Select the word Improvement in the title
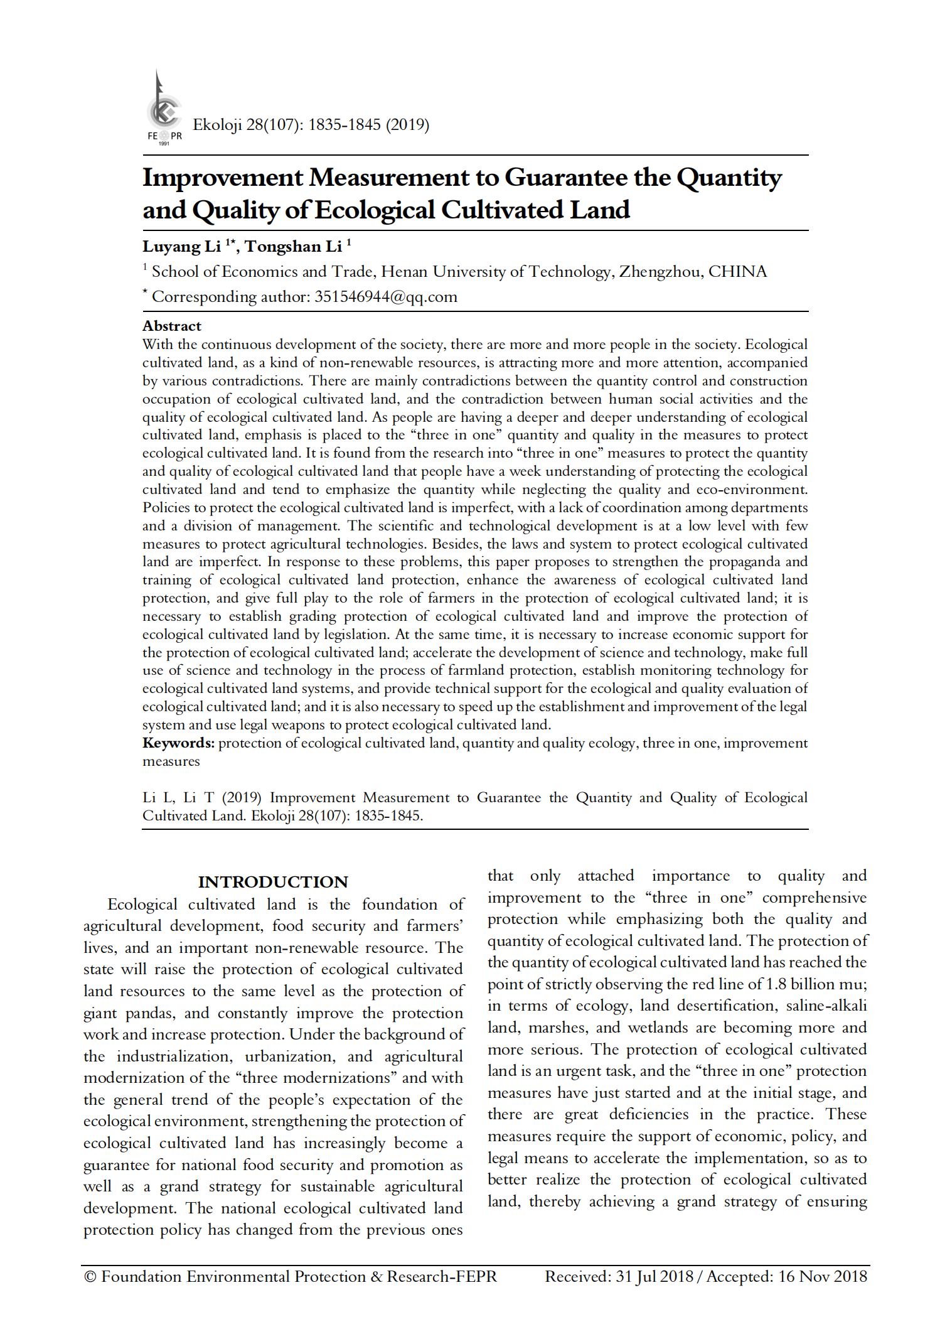[x=223, y=178]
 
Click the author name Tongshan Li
[x=293, y=247]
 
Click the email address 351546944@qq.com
[x=386, y=297]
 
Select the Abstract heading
[x=171, y=326]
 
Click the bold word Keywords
[x=178, y=743]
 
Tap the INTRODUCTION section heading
[x=273, y=882]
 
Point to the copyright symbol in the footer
[x=90, y=1277]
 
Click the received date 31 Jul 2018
[x=654, y=1277]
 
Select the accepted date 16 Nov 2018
[x=823, y=1277]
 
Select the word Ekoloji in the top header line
[x=217, y=124]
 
